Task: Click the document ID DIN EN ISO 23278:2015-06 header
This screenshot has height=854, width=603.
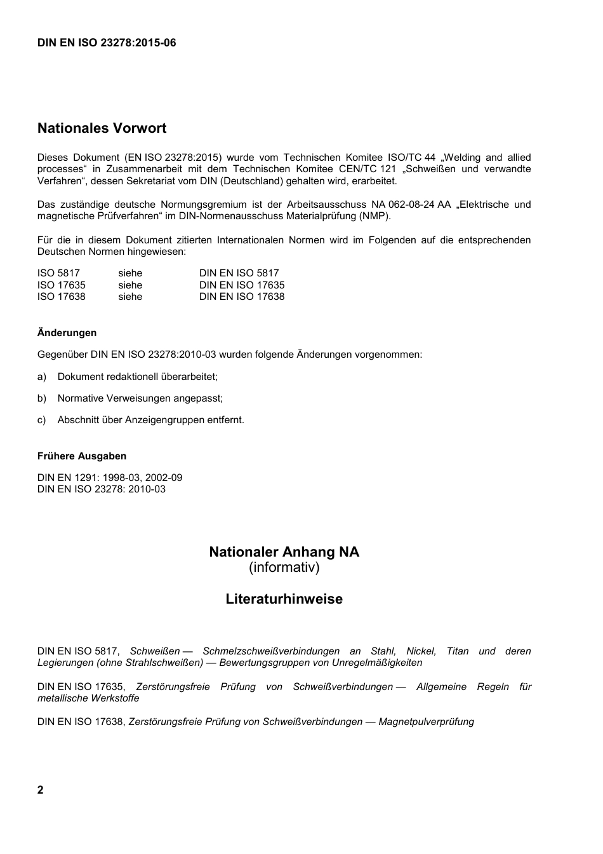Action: click(x=107, y=43)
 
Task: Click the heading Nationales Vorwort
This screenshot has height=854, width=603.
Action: click(x=102, y=128)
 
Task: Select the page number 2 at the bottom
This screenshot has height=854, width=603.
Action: click(x=41, y=790)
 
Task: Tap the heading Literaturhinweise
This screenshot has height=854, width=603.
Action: click(x=284, y=599)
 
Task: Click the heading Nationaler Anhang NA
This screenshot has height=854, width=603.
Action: click(x=284, y=552)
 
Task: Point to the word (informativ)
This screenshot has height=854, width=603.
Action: click(x=284, y=567)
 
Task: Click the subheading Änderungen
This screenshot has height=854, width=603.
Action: click(x=67, y=333)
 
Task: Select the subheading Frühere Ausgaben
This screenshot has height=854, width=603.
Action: click(x=82, y=456)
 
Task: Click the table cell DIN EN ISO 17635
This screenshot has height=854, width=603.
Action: click(x=242, y=285)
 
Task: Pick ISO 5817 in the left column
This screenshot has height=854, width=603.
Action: click(x=58, y=273)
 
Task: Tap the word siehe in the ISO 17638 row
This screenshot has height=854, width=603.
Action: click(x=130, y=297)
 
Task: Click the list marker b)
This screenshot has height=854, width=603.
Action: click(x=42, y=398)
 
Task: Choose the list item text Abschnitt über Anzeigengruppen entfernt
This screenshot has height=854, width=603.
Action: click(x=150, y=420)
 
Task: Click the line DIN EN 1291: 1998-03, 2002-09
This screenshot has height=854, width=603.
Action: click(x=110, y=478)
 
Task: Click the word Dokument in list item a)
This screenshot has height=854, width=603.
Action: click(x=81, y=377)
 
